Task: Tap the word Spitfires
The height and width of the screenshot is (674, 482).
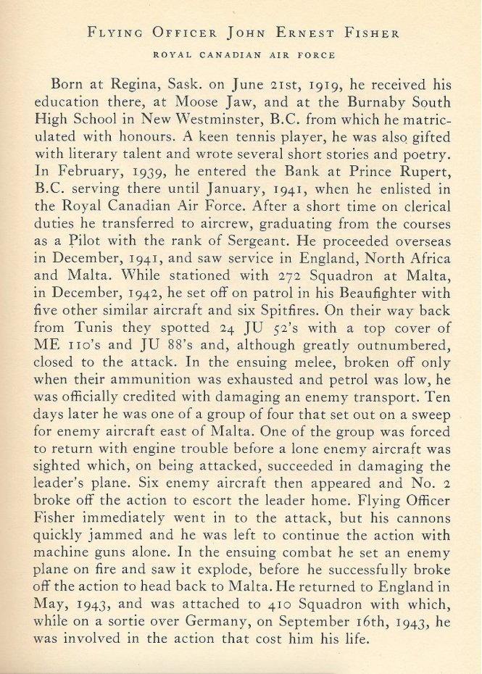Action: tap(301, 315)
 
